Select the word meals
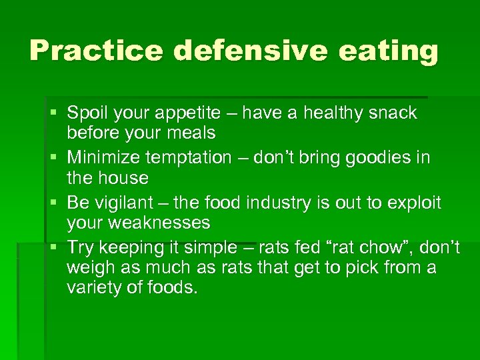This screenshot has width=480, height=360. pyautogui.click(x=191, y=133)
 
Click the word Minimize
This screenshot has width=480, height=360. pyautogui.click(x=110, y=158)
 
